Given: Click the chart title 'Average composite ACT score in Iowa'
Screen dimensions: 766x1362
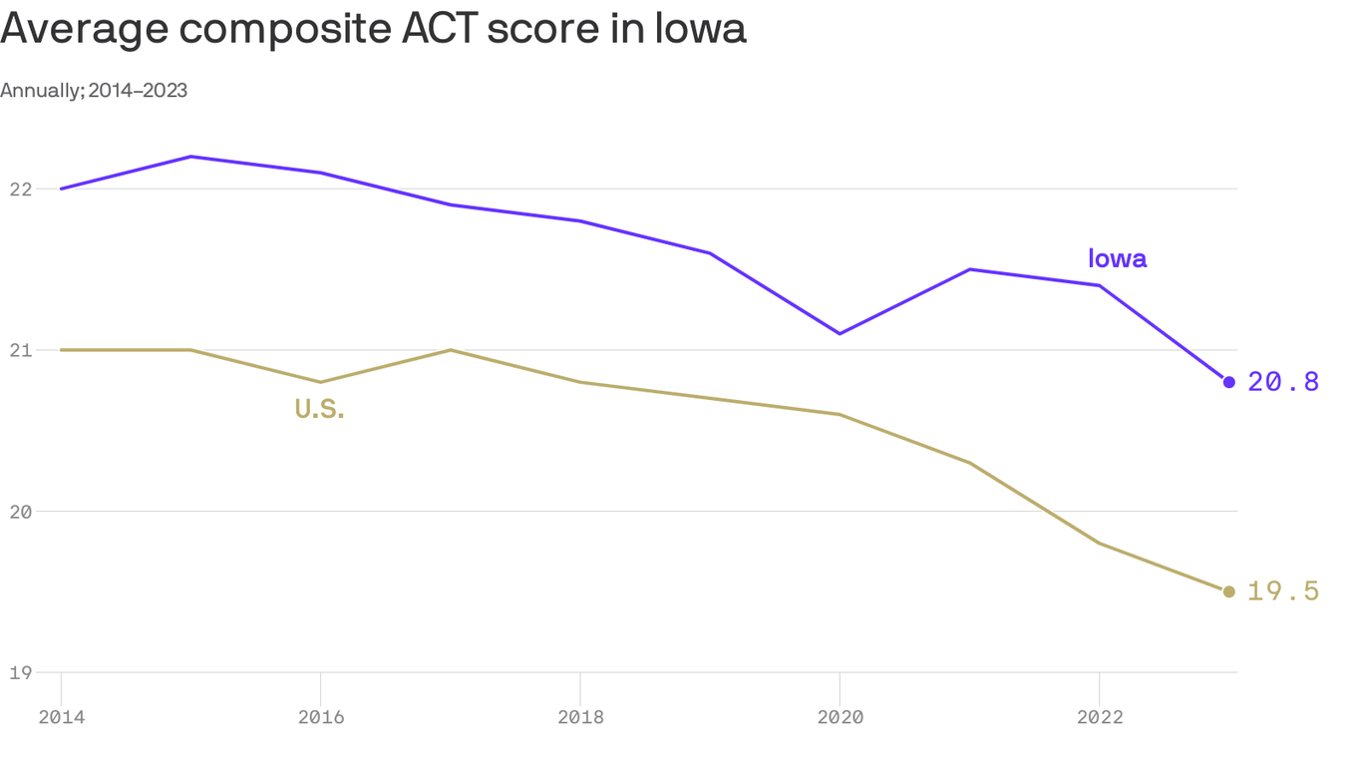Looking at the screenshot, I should pyautogui.click(x=373, y=29).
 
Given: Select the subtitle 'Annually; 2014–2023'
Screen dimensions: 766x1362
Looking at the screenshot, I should pyautogui.click(x=94, y=91).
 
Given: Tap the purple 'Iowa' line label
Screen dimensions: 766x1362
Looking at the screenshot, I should pyautogui.click(x=1117, y=259).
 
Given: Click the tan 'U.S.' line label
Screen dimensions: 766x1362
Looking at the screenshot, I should pyautogui.click(x=319, y=409).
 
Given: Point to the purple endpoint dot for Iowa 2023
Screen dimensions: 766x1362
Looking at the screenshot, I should pyautogui.click(x=1228, y=382).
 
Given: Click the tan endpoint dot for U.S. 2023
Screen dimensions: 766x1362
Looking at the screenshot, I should pyautogui.click(x=1228, y=591).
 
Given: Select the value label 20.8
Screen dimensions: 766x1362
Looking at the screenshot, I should pyautogui.click(x=1283, y=382).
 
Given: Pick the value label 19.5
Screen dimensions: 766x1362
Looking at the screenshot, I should pyautogui.click(x=1283, y=591).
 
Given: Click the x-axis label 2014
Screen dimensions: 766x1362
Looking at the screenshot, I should pyautogui.click(x=61, y=717).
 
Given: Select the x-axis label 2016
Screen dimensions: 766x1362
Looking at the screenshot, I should pyautogui.click(x=320, y=717).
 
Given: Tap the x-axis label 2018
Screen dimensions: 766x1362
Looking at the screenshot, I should pyautogui.click(x=579, y=717).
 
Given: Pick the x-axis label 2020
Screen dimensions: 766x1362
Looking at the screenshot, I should pyautogui.click(x=840, y=717).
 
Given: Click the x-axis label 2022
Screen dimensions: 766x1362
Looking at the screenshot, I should pyautogui.click(x=1099, y=717).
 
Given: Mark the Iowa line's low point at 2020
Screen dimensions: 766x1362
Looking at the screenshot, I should pyautogui.click(x=840, y=333).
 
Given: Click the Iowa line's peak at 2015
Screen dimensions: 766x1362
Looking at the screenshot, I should pyautogui.click(x=190, y=157).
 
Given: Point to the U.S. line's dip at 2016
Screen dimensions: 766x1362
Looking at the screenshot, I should pyautogui.click(x=320, y=382).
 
